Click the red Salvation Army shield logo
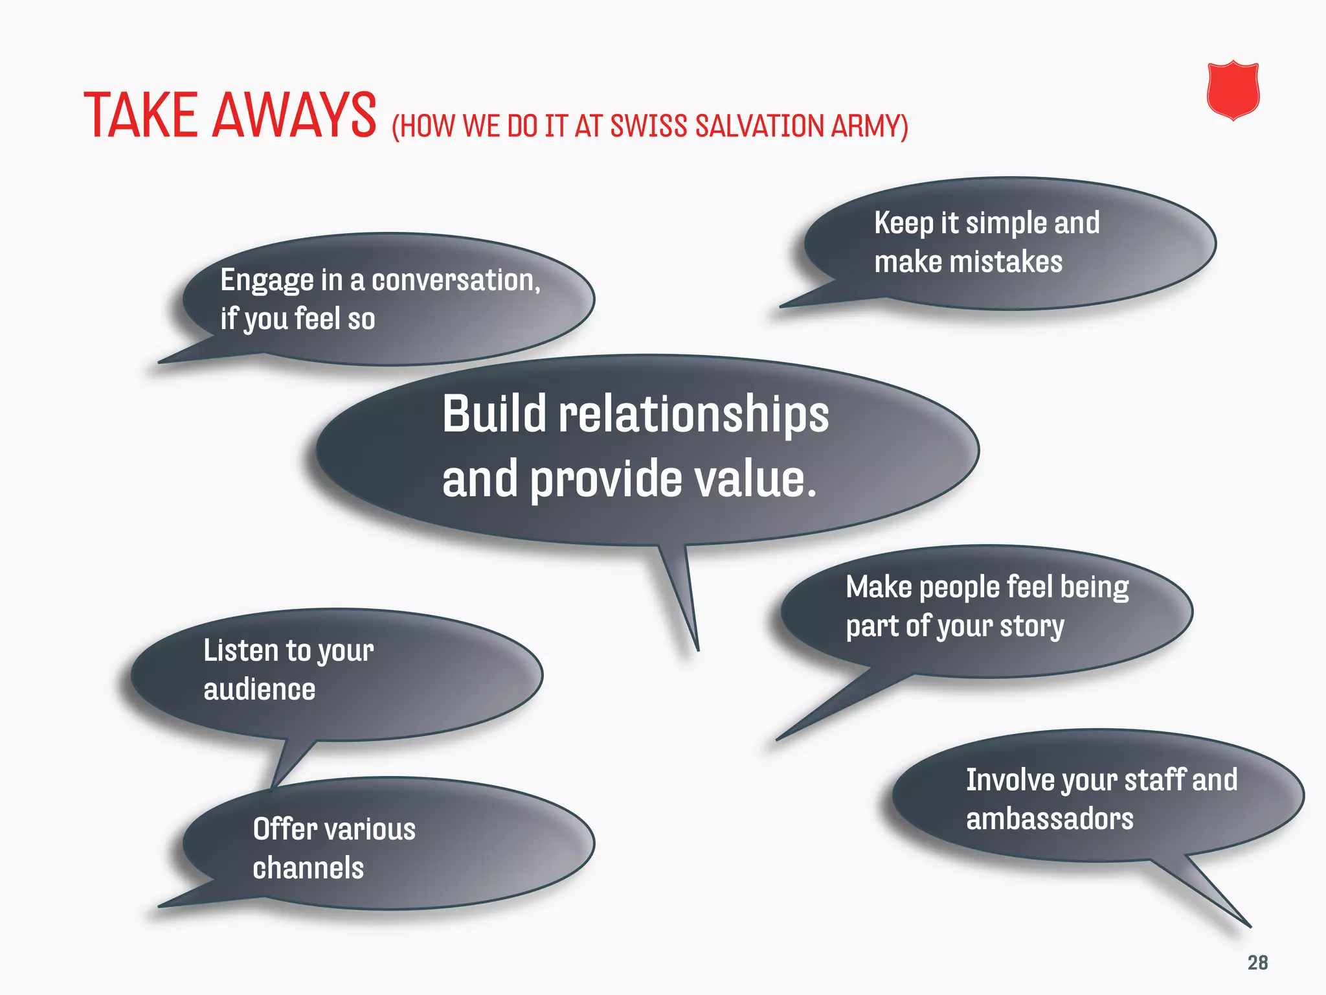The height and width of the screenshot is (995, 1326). pyautogui.click(x=1233, y=91)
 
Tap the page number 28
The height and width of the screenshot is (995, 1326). pyautogui.click(x=1257, y=963)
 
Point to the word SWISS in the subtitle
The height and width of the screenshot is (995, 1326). pyautogui.click(x=648, y=126)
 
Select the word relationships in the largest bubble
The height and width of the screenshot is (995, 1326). pyautogui.click(x=693, y=415)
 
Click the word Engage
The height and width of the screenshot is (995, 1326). pyautogui.click(x=267, y=281)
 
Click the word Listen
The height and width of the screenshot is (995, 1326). pyautogui.click(x=240, y=650)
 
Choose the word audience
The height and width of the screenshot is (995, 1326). pyautogui.click(x=259, y=689)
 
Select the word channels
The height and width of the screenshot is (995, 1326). pyautogui.click(x=308, y=868)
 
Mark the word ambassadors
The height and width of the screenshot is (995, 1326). pyautogui.click(x=1050, y=819)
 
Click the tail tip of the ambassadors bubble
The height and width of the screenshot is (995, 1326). pyautogui.click(x=1249, y=926)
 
